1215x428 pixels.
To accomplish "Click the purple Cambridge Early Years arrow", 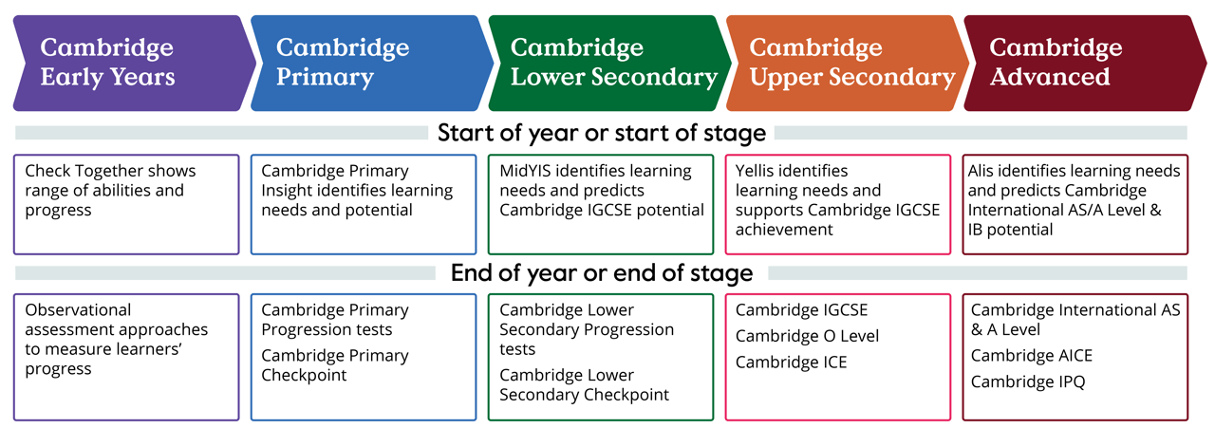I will (x=128, y=62).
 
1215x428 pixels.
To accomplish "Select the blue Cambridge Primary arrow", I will (x=365, y=62).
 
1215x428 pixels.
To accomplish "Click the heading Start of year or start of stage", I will (x=602, y=133).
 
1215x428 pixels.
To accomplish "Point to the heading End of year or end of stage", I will (x=602, y=273).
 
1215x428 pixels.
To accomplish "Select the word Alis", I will (x=984, y=171).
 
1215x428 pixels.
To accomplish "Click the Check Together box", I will (x=126, y=204).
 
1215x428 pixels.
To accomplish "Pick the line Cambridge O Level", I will (x=807, y=336).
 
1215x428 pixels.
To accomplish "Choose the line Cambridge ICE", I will (x=791, y=362).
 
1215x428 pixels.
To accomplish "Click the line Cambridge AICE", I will (x=1031, y=356).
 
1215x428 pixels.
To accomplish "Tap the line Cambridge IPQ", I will (x=1028, y=382).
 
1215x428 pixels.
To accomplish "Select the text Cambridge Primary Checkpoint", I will (x=334, y=365).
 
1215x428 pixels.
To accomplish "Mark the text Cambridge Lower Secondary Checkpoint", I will (x=584, y=384).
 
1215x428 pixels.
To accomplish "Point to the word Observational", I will (x=78, y=310).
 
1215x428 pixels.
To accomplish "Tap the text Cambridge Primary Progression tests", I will (x=334, y=320).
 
